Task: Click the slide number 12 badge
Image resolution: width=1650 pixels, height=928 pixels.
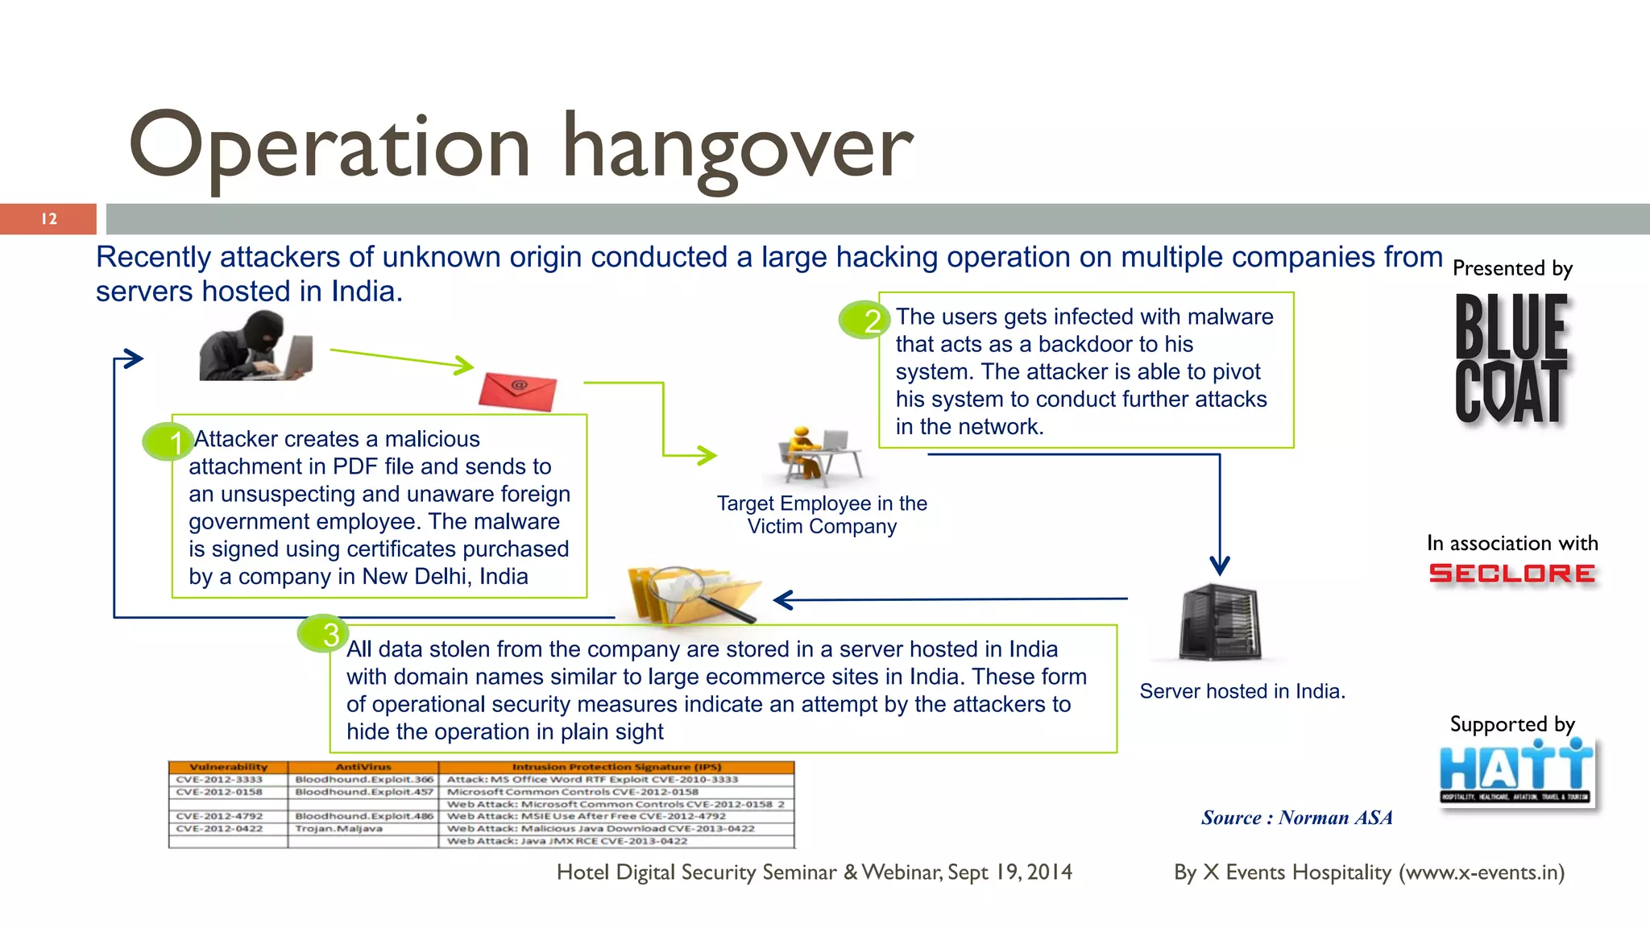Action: [48, 219]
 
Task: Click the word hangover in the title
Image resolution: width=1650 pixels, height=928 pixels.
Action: [737, 149]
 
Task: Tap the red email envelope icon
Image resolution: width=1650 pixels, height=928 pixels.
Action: [517, 391]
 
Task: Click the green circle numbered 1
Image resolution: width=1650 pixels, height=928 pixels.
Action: [168, 441]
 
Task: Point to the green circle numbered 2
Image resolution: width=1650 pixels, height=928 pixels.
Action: [864, 320]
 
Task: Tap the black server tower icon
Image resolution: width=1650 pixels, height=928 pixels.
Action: [1220, 622]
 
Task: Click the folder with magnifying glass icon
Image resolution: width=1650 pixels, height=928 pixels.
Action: [691, 594]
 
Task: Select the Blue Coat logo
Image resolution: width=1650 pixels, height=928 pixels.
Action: [1511, 358]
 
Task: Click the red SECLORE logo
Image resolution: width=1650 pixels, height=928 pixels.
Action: [1511, 574]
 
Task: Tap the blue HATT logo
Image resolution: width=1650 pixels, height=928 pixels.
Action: [1516, 772]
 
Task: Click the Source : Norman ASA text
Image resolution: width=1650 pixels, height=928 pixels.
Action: [1296, 818]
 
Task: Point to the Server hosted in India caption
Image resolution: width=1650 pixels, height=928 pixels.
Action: [1242, 691]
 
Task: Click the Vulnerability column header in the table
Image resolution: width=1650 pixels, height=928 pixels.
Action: [228, 767]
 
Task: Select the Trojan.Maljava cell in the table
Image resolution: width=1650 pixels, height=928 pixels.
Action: [338, 828]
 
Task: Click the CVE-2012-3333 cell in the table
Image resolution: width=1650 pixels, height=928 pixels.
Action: [219, 779]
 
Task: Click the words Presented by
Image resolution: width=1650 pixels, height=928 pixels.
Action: [1512, 268]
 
